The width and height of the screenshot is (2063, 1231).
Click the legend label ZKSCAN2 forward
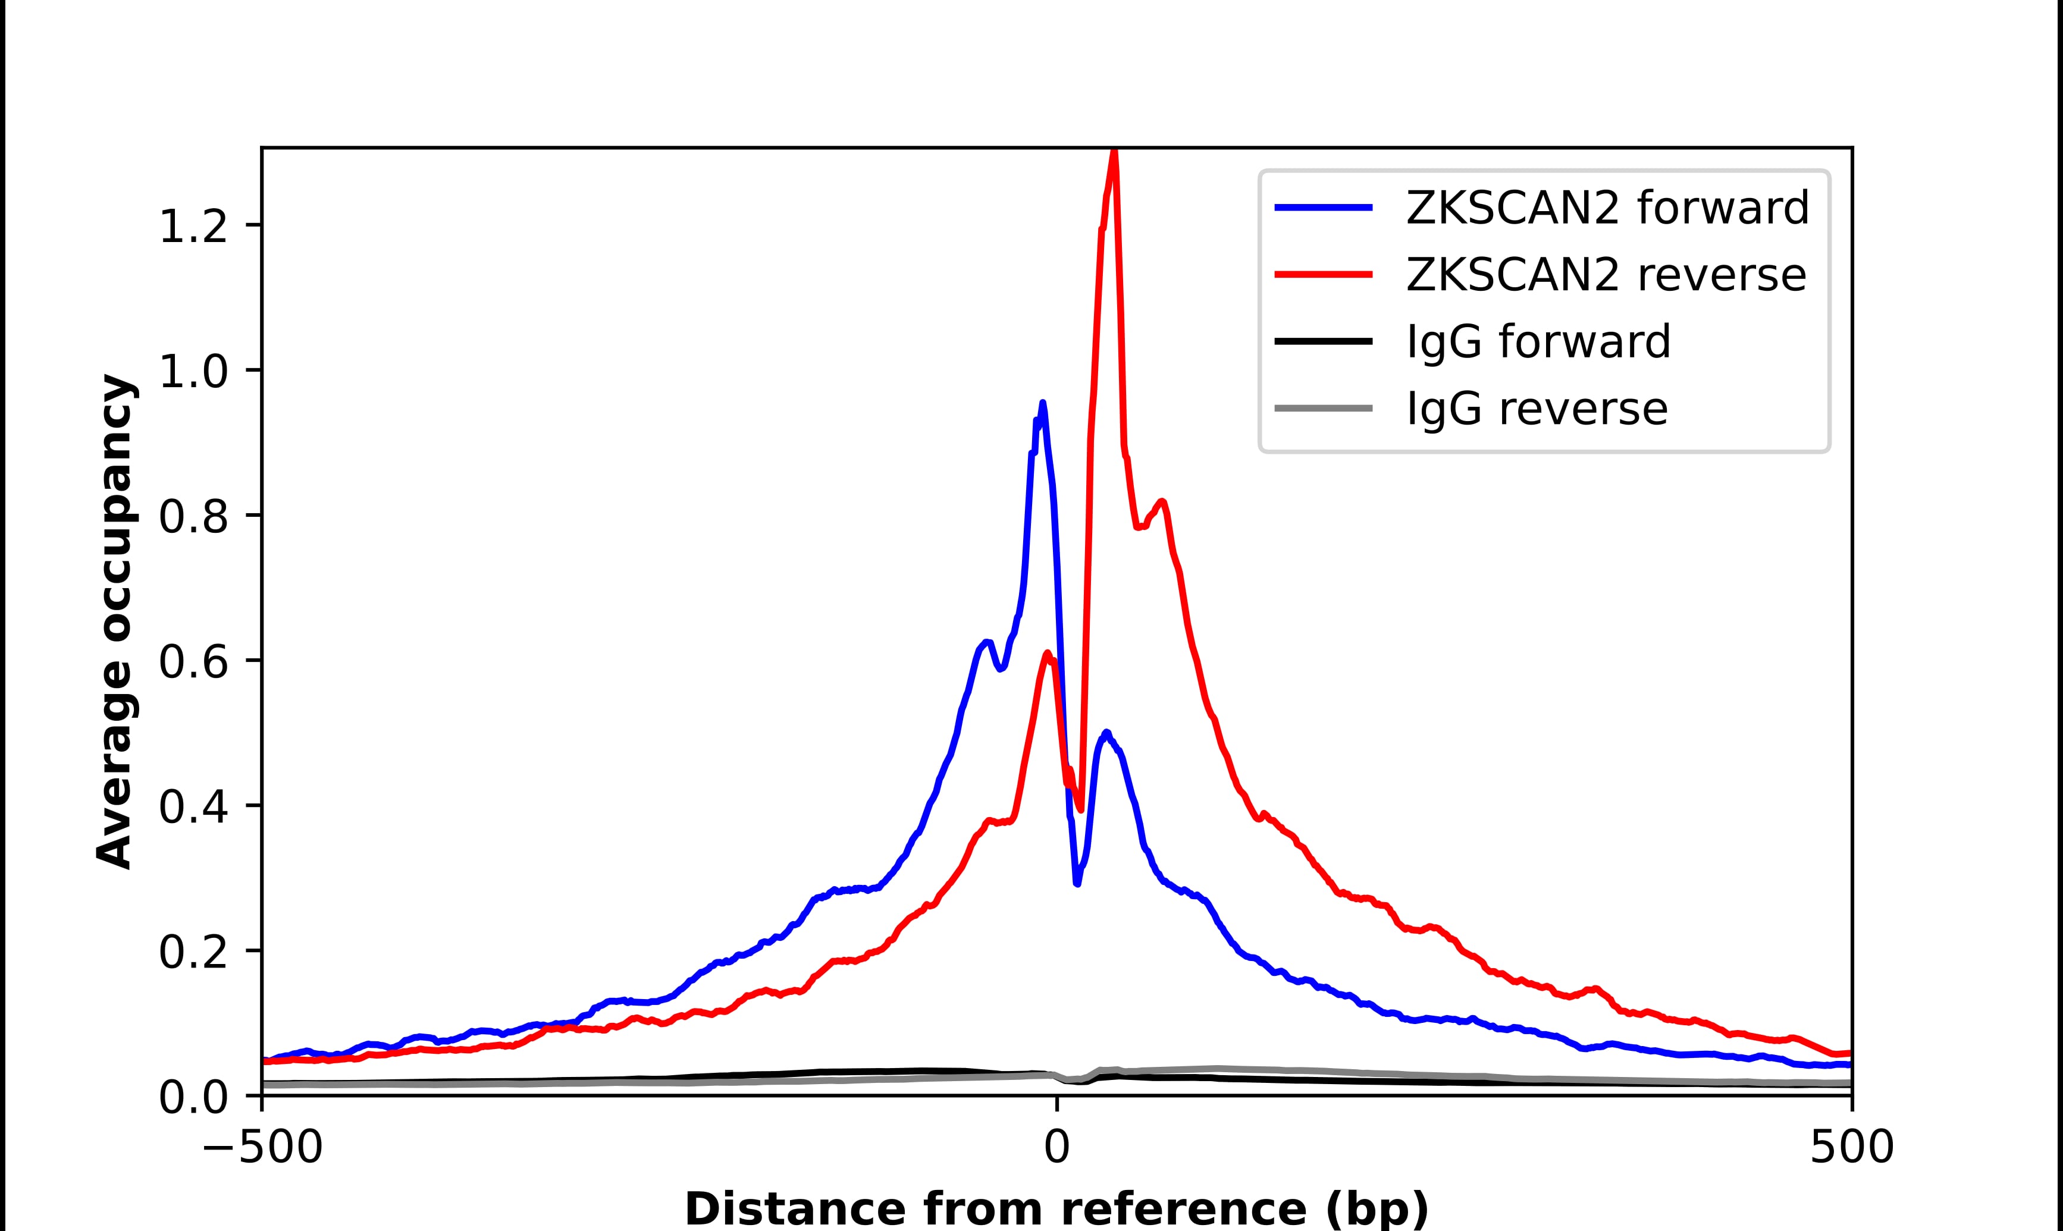tap(1607, 208)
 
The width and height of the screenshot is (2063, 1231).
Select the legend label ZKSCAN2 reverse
tap(1605, 275)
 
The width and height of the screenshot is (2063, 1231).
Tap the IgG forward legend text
tap(1538, 342)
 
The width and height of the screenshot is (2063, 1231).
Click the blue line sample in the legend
tap(1323, 208)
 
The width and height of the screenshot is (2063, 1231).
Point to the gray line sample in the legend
tap(1323, 408)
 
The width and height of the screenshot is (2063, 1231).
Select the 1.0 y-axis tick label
tap(193, 372)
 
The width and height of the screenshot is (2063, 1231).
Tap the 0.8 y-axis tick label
tap(193, 517)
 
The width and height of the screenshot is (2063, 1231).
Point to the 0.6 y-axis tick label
tap(193, 662)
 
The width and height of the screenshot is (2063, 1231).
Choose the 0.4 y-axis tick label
tap(193, 807)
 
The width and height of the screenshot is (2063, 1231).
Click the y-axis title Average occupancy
tap(114, 621)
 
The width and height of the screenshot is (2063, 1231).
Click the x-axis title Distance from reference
tap(1056, 1208)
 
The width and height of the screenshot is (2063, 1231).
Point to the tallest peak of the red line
tap(1114, 153)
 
